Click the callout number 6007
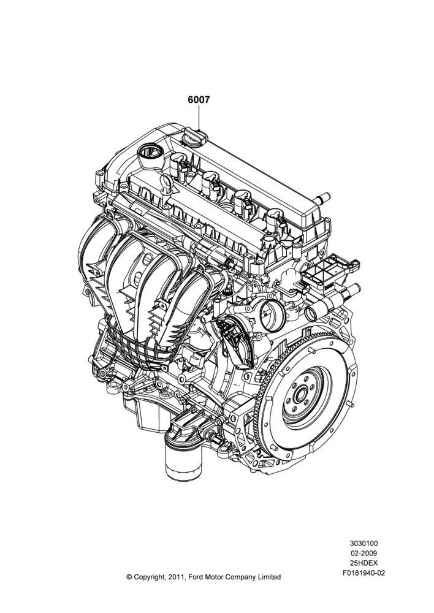pos(199,100)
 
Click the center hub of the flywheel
pos(300,395)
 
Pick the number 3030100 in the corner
pos(364,543)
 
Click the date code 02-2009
pos(364,553)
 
